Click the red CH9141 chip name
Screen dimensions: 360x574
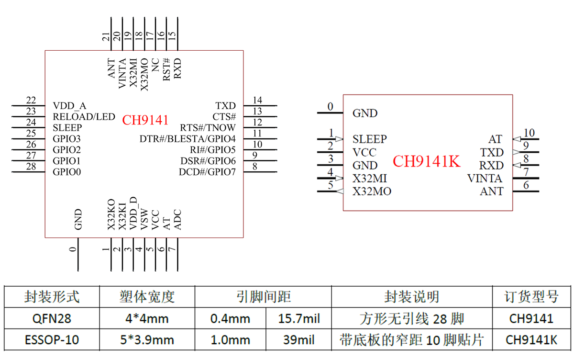coord(145,120)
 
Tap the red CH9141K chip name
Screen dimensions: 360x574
coord(426,162)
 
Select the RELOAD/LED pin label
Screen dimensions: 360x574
coord(84,117)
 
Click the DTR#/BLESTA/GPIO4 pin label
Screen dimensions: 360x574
coord(188,139)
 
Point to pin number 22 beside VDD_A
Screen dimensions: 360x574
coord(31,100)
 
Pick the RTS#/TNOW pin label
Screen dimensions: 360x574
coord(208,128)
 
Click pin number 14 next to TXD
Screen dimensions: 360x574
coord(257,100)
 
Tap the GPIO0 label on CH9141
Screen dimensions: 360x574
coord(66,172)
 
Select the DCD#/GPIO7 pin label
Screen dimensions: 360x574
coord(208,172)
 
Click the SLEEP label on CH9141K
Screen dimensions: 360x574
coord(369,139)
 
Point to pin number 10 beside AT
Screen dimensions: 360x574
coord(529,133)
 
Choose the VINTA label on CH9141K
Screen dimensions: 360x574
coord(485,179)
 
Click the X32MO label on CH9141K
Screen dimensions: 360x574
coord(372,192)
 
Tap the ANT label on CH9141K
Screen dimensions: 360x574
coord(491,191)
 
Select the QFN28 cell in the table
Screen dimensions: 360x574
coord(52,318)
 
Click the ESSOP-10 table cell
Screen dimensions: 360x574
coord(52,340)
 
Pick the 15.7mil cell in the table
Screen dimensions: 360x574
coord(298,318)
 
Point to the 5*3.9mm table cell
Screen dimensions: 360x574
coord(147,340)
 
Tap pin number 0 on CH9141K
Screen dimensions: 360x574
coord(330,107)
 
